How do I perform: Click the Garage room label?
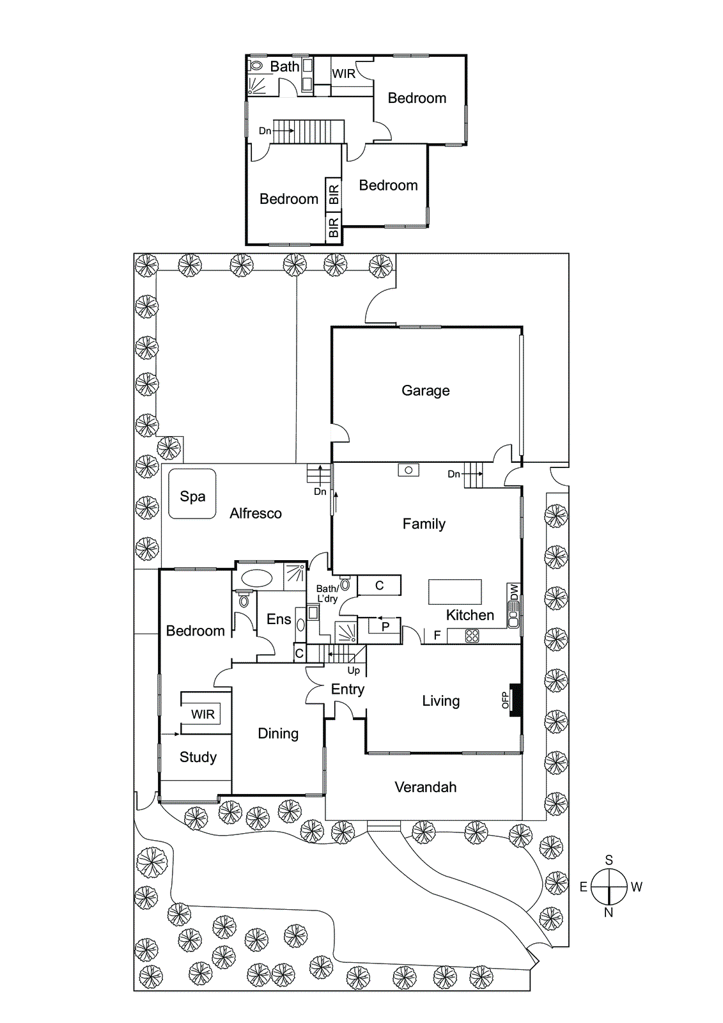tap(425, 391)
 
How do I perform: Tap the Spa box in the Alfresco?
tap(192, 494)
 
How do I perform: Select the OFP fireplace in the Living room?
tap(515, 700)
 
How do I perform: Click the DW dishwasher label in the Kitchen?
tap(514, 593)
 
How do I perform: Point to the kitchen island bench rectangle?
tap(455, 592)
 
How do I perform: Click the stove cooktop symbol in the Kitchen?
tap(472, 636)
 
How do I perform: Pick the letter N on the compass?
tap(609, 913)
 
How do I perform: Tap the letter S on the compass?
tap(609, 860)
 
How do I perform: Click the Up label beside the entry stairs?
tap(354, 671)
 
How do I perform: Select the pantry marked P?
tap(385, 627)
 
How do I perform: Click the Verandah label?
tap(425, 787)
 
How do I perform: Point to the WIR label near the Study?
tap(203, 714)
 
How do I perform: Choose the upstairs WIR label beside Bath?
tap(343, 74)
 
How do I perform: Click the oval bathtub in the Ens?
tap(256, 578)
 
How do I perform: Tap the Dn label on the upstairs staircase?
tap(265, 131)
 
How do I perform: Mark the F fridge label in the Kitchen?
tap(437, 636)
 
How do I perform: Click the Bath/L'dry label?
tap(327, 593)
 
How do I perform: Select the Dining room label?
tap(278, 733)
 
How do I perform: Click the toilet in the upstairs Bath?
tap(256, 65)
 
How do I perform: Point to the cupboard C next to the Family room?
tap(379, 585)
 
